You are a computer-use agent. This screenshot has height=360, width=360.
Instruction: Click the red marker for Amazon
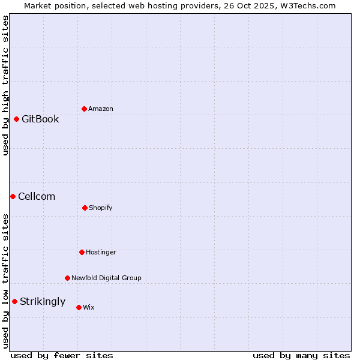(84, 109)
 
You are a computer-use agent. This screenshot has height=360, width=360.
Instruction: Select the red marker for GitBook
(16, 119)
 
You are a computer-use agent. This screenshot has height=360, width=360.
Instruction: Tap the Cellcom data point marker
(13, 196)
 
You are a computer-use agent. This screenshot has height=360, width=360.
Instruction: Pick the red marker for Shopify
(85, 208)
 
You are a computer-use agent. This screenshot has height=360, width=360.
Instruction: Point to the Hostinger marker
(82, 252)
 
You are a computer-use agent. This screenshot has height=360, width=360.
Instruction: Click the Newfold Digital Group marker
(67, 278)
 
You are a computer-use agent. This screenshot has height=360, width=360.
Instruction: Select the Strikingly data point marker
(14, 301)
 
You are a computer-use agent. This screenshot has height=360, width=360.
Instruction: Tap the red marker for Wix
(79, 307)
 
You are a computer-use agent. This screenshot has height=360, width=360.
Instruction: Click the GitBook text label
(40, 119)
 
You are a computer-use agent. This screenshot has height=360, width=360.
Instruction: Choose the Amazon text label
(101, 109)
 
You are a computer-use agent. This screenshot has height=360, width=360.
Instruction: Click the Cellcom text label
(37, 196)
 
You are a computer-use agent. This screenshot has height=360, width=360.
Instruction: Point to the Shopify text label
(101, 208)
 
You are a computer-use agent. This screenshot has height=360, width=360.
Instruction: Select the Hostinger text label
(101, 252)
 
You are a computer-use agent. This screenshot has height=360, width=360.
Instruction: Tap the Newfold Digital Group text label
(106, 278)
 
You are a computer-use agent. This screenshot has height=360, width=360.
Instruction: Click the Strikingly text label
(43, 301)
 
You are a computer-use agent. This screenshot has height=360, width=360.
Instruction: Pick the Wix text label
(89, 307)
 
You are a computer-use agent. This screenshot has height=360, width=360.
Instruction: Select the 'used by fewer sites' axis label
(62, 355)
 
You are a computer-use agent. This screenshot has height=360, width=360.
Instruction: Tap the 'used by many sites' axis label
(301, 355)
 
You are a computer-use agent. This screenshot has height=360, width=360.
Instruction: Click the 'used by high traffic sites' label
(5, 85)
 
